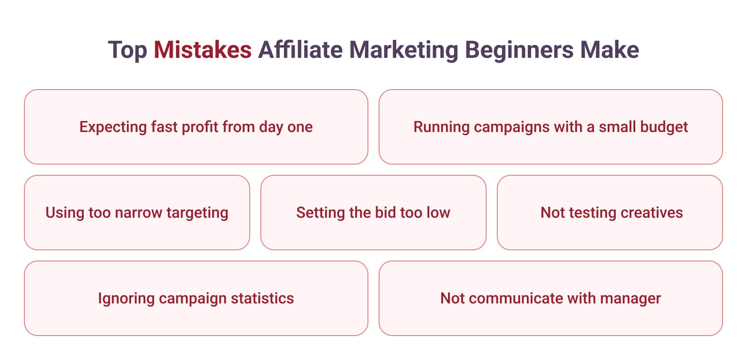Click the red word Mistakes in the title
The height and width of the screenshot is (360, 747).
(202, 50)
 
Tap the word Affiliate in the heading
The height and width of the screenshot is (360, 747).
(300, 50)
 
